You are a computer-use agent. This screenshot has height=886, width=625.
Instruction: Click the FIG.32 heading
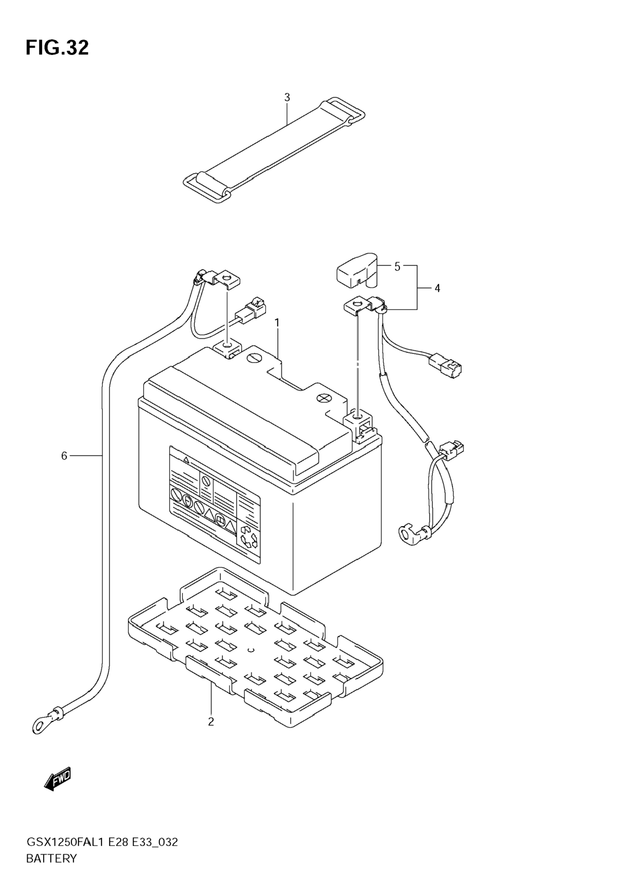(57, 48)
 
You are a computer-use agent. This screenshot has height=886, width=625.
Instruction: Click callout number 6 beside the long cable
(64, 456)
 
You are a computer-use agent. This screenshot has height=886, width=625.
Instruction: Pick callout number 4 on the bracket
(437, 288)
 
